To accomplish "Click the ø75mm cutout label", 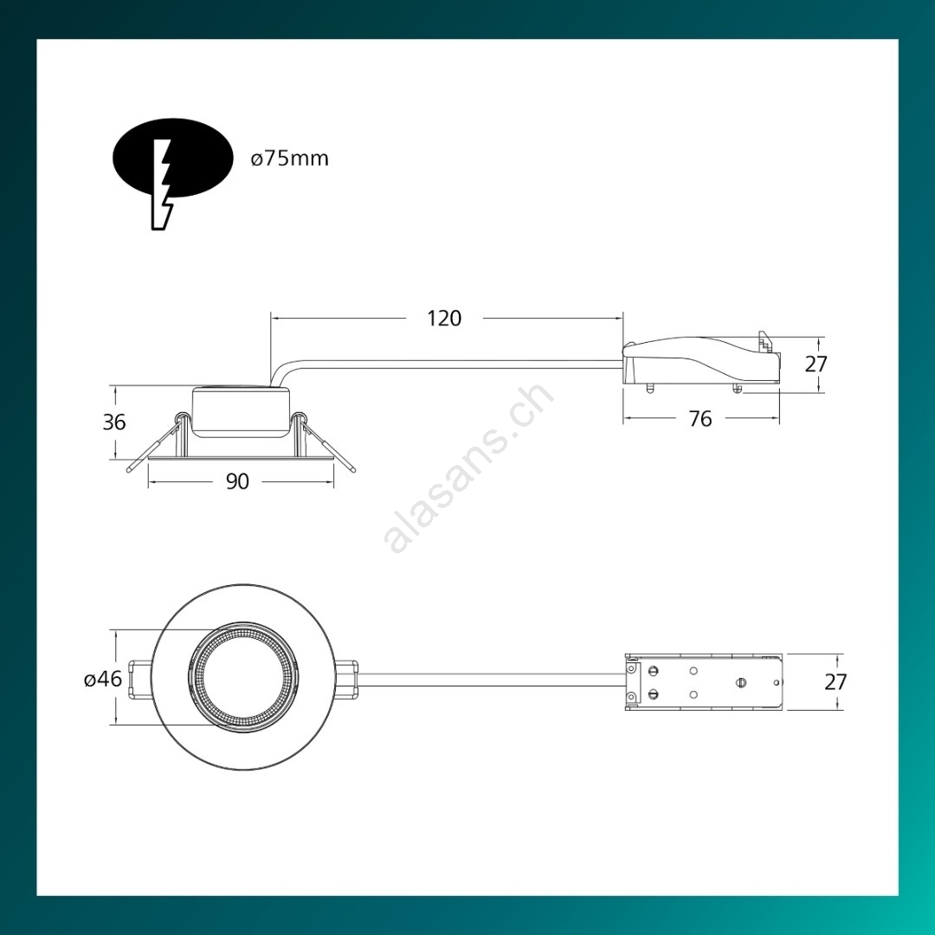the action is (289, 158).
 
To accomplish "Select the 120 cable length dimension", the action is (444, 319).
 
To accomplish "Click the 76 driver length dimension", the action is (700, 419).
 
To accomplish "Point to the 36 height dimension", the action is (114, 422).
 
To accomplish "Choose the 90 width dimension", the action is (237, 481).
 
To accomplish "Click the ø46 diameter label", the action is (103, 679).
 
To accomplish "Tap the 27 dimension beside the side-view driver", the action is (816, 364).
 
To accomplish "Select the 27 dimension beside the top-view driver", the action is (835, 681).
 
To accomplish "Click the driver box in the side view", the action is (701, 364).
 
